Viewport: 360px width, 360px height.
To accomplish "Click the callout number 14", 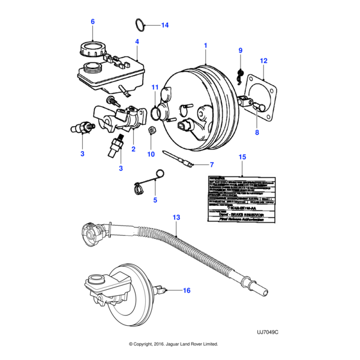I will click(x=164, y=25).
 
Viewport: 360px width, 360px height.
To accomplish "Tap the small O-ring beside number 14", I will click(x=139, y=25).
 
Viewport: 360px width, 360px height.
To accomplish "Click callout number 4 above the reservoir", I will click(x=137, y=42).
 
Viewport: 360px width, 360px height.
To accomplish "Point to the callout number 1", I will click(x=205, y=46).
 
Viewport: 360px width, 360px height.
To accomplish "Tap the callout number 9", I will click(x=240, y=50).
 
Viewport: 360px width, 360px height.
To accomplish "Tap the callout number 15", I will click(x=242, y=157).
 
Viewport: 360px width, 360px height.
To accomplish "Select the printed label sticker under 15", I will click(x=241, y=199).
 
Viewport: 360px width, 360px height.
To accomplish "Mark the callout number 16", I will click(x=186, y=290).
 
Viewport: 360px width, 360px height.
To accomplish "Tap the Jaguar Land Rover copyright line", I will click(x=173, y=344).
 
